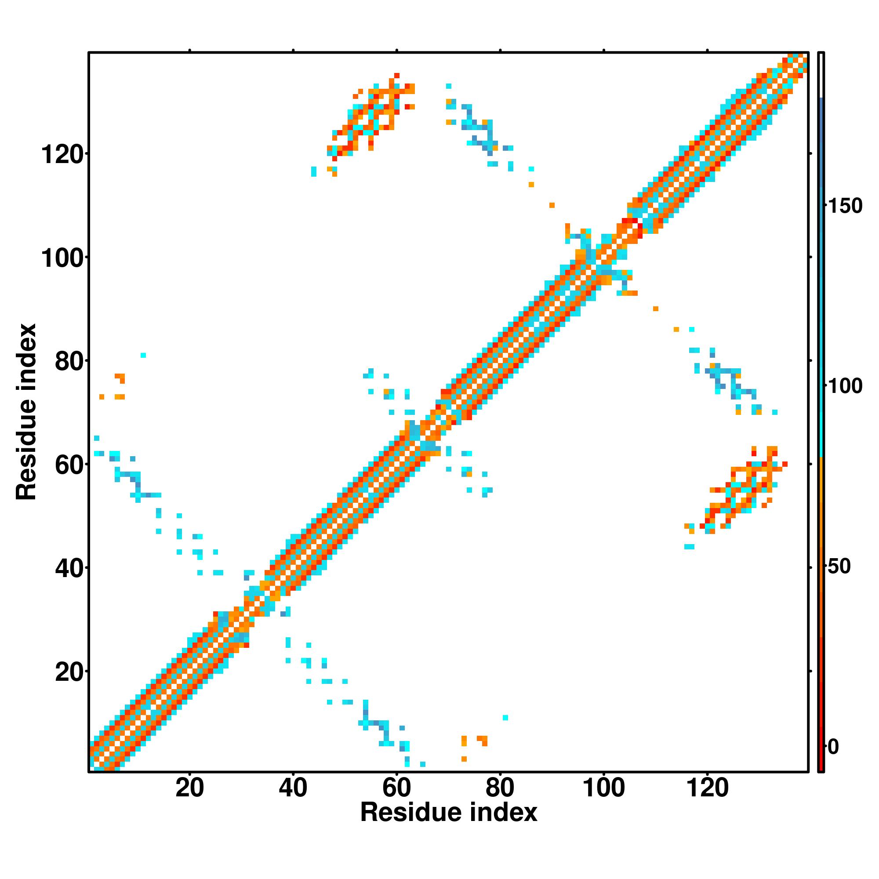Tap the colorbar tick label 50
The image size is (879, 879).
pos(839,567)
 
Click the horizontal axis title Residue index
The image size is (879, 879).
pos(449,813)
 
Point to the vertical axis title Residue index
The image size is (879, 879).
pos(26,412)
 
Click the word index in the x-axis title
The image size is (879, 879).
pos(504,813)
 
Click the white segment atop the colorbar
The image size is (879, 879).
pos(821,75)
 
